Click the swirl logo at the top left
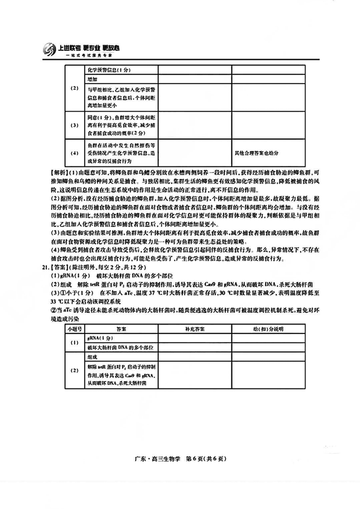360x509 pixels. [x=49, y=49]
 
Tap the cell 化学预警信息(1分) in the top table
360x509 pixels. [x=108, y=70]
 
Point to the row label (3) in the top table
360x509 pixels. [x=74, y=125]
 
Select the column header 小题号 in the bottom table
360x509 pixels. [x=74, y=329]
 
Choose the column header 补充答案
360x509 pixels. [x=194, y=329]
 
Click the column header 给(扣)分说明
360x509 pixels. [x=269, y=329]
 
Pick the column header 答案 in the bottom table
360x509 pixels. [x=121, y=329]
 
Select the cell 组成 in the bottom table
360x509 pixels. [x=92, y=356]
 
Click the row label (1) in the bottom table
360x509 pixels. [x=74, y=342]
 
